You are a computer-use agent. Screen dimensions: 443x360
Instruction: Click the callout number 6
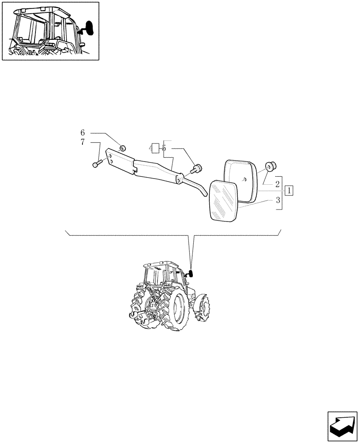click(x=82, y=133)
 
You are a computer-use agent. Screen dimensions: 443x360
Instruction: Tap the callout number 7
click(x=82, y=142)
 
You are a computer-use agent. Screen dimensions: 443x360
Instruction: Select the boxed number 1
click(x=289, y=191)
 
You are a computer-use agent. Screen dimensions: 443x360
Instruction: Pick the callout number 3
click(x=278, y=200)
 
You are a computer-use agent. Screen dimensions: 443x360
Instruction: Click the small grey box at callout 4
click(x=154, y=148)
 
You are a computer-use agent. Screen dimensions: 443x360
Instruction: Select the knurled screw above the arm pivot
click(x=197, y=169)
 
